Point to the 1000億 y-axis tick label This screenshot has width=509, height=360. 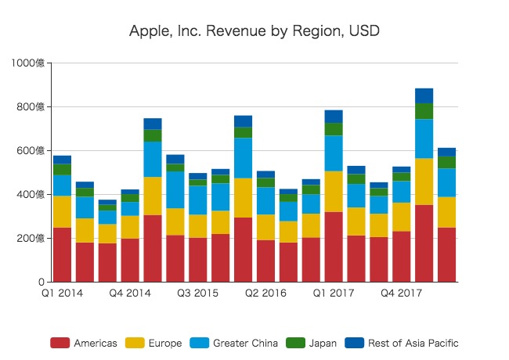pos(28,63)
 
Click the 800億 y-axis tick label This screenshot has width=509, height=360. pos(31,107)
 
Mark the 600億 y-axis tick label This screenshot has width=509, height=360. pos(31,151)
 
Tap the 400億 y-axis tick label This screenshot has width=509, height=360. pos(31,195)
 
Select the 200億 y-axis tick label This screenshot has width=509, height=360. pos(31,239)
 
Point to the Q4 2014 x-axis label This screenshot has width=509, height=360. pos(130,293)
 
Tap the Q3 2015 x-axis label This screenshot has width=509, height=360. pos(198,293)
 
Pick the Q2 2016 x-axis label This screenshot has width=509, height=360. pos(266,293)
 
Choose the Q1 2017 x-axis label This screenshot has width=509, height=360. pos(334,293)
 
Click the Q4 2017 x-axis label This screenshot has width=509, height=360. pos(402,293)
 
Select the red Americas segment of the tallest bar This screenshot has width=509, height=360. pos(424,243)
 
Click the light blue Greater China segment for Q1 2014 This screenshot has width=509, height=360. pos(63,185)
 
